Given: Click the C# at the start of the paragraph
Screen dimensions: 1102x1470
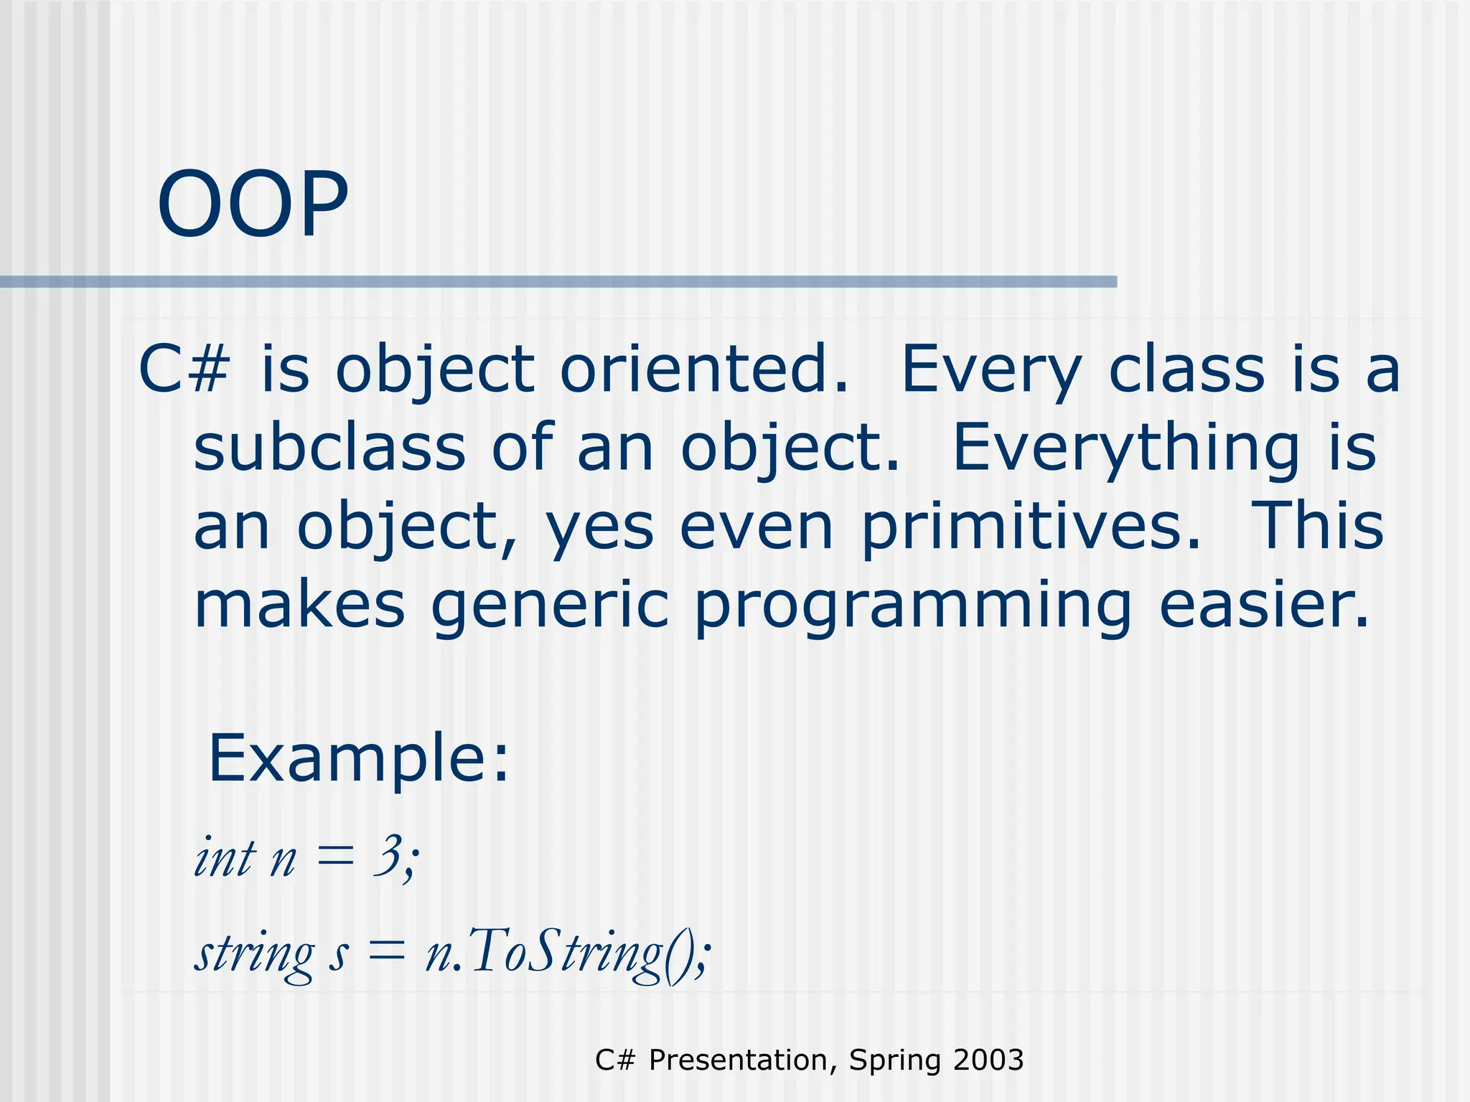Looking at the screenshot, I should (x=184, y=369).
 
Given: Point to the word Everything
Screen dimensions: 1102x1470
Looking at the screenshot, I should (x=1125, y=448).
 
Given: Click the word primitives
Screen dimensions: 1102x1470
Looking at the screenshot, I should (x=1030, y=527).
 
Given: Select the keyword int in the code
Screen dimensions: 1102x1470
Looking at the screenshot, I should (x=225, y=857).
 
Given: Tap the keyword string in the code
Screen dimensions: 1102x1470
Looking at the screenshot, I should (x=254, y=954).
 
